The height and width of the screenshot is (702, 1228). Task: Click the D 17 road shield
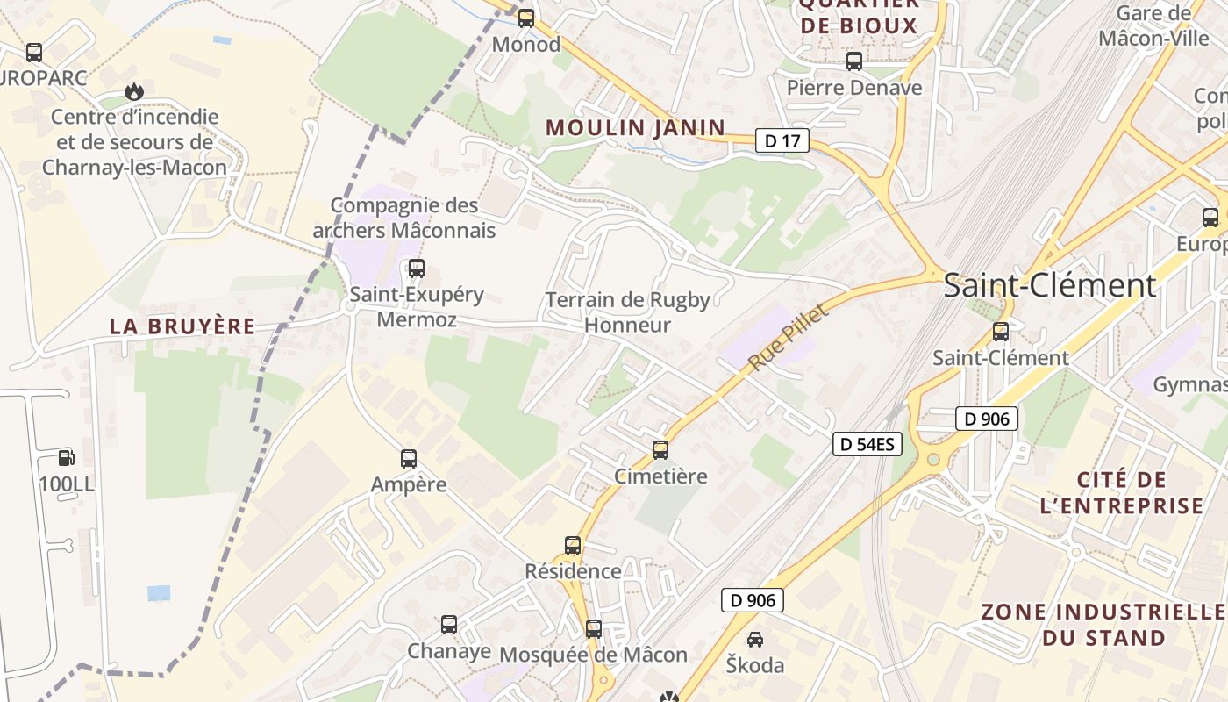782,140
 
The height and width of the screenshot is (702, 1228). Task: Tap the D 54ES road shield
867,444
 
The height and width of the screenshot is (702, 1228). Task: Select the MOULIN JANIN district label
636,127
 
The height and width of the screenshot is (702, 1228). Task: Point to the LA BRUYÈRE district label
182,326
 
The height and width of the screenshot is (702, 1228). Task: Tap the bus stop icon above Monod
526,18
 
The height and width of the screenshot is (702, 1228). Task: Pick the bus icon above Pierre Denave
854,61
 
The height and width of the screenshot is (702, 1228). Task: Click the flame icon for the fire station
133,90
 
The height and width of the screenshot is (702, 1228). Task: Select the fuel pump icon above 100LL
66,457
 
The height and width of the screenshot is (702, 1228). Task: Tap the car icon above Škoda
754,639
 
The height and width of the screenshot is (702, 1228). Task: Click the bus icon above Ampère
409,458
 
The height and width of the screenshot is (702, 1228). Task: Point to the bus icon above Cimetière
660,450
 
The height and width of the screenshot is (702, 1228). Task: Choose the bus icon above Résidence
573,545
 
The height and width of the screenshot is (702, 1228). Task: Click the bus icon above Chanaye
449,625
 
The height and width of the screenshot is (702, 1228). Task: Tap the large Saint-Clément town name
1050,285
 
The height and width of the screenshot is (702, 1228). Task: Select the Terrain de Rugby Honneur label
628,312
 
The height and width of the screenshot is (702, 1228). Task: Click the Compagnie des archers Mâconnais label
404,218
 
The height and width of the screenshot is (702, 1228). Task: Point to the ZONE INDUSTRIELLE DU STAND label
1103,625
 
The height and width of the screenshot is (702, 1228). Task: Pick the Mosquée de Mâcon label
594,655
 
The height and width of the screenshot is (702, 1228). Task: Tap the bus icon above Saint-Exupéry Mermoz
417,268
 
